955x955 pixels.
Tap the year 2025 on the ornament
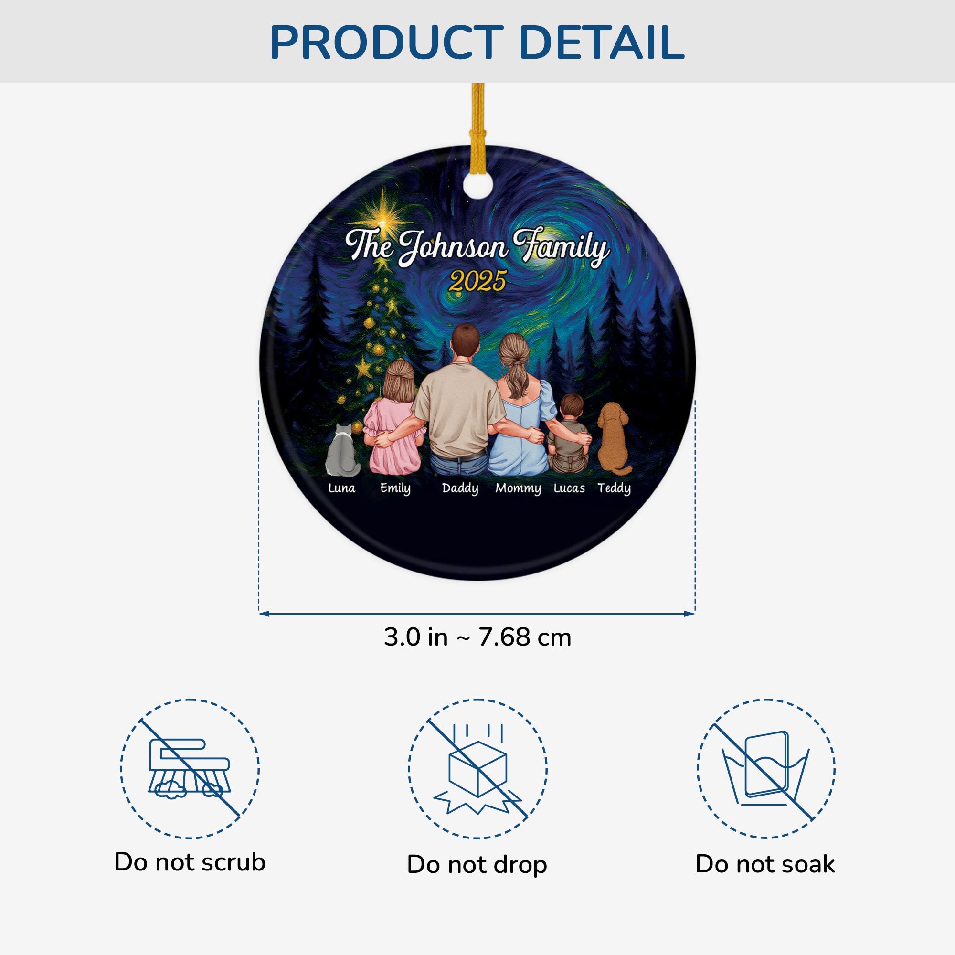pos(477,281)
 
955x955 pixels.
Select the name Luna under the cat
pos(341,488)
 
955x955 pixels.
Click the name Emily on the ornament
pos(395,488)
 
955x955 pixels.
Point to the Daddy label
pos(460,488)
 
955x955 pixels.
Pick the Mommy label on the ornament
pos(518,488)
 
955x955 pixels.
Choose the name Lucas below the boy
pos(569,488)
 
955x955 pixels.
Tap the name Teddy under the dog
pos(614,488)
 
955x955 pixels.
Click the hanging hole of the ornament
pos(478,186)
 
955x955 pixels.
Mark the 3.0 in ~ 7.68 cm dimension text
pos(477,637)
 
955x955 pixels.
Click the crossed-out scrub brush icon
pos(189,769)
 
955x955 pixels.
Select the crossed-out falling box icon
pos(477,769)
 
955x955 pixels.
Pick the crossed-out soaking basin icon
pos(766,769)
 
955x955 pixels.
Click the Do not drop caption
pos(477,865)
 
